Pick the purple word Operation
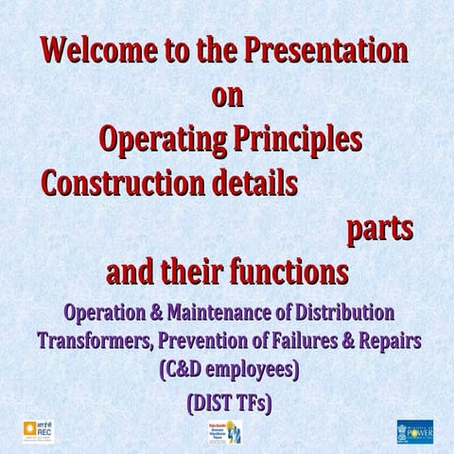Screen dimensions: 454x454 (104, 312)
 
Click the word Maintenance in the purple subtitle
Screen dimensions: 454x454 (221, 312)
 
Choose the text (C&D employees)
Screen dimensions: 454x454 (227, 369)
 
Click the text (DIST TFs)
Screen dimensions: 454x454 (226, 403)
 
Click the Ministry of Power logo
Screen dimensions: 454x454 (414, 428)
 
